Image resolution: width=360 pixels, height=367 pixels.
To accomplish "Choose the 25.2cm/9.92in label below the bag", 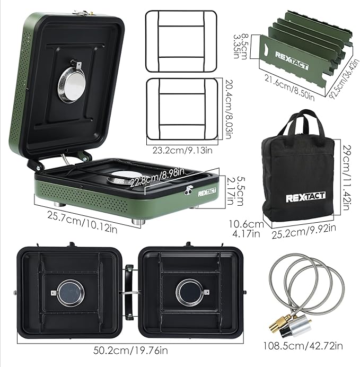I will tap(305, 230).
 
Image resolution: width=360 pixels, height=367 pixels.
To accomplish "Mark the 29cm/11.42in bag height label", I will tap(345, 173).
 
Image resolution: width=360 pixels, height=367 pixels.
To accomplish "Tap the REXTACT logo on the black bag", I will tap(305, 198).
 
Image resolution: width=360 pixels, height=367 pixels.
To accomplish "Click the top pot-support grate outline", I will tap(181, 40).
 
